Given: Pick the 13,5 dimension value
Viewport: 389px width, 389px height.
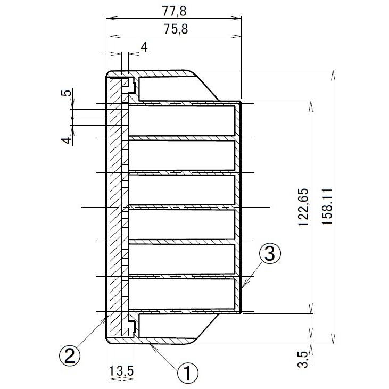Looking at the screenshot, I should point(121,372).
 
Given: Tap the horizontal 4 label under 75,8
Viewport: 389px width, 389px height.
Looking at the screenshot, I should point(144,47).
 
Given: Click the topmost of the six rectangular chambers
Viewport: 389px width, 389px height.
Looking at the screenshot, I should point(182,120).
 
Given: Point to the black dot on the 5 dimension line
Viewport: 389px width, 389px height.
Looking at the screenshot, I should point(72,118).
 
